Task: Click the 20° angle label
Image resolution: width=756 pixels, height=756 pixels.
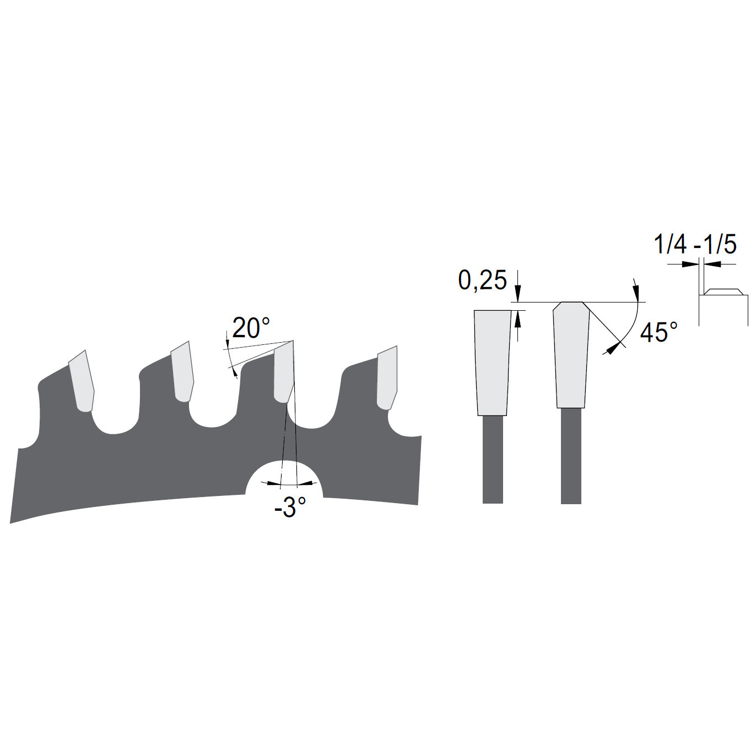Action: point(251,328)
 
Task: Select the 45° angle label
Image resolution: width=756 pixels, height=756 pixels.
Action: point(658,332)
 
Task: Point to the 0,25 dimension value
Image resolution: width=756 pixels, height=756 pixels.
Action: point(483,280)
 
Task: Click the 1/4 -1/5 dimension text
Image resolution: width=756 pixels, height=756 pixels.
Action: point(695,245)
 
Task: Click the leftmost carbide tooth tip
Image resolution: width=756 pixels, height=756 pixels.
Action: point(82,381)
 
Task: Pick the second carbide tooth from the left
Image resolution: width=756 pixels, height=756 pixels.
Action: point(183,371)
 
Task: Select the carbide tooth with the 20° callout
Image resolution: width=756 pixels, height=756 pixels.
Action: point(284,372)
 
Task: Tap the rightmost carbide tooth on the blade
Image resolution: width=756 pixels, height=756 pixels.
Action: point(387,377)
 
